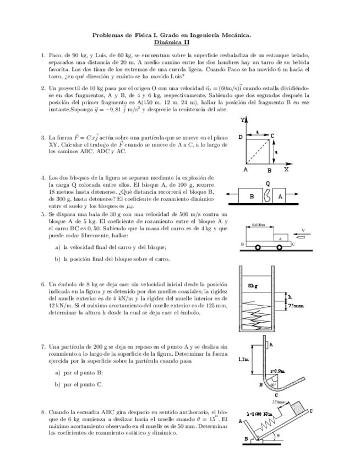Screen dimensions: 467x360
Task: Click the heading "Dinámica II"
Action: point(171,41)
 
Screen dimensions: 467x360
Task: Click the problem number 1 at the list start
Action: point(43,56)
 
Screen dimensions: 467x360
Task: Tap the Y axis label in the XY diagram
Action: point(243,120)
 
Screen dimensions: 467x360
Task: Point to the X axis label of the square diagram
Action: point(286,170)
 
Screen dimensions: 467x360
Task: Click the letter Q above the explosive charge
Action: point(268,183)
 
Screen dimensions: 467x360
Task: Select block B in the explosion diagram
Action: point(252,196)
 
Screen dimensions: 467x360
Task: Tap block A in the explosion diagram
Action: point(280,196)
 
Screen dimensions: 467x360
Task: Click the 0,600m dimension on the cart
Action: point(258,225)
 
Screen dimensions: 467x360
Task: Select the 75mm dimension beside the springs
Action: point(296,306)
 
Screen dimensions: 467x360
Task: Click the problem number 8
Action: point(43,412)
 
